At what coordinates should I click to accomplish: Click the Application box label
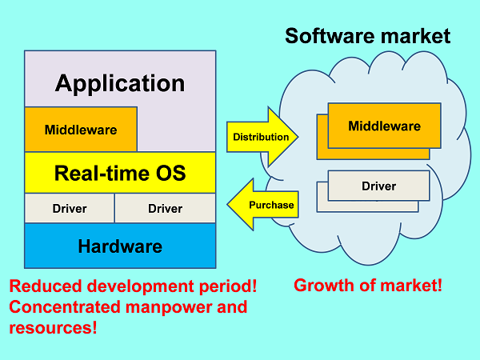[120, 83]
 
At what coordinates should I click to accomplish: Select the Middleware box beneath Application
[81, 129]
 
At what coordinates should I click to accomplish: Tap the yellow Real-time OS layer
[120, 173]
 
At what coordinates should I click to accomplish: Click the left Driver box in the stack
[70, 208]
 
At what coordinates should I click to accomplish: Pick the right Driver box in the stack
[166, 208]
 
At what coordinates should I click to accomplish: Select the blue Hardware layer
[120, 246]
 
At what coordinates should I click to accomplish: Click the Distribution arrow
[262, 137]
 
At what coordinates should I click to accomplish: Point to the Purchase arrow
[262, 205]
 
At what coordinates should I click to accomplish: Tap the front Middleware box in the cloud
[384, 126]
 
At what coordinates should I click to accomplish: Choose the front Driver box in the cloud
[378, 186]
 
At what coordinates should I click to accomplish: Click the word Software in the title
[330, 36]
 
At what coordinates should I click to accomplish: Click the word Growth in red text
[323, 286]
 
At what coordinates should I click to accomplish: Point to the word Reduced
[46, 286]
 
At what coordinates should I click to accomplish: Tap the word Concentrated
[65, 307]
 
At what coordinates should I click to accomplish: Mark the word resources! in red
[53, 328]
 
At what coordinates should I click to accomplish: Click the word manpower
[169, 308]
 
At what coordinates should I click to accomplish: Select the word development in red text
[141, 287]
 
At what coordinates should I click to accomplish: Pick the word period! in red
[228, 287]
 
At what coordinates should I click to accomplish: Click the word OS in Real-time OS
[171, 173]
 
